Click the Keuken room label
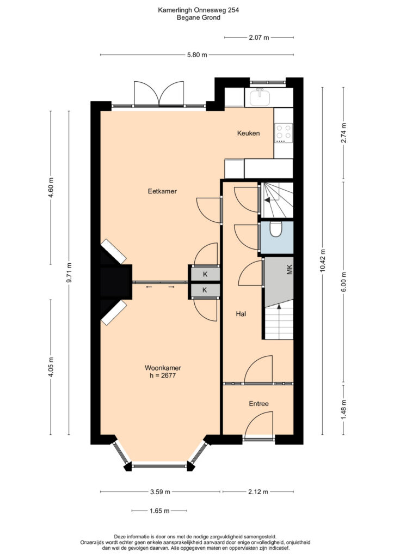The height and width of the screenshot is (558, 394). coord(248,133)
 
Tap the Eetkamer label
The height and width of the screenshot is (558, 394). coord(162,191)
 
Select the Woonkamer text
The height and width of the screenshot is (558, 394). coord(163,368)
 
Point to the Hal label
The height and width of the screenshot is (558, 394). coord(241,314)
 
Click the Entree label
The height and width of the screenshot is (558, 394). coord(258,404)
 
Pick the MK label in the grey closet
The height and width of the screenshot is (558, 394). coord(290,270)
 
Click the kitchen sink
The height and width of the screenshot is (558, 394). coord(260,97)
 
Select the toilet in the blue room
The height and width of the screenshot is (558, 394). coord(276,229)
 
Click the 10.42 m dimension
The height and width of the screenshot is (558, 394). coord(323,260)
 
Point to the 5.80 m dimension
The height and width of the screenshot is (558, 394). coord(197,55)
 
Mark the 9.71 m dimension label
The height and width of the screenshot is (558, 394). coord(69,272)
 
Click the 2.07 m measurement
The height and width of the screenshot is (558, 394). coord(259,38)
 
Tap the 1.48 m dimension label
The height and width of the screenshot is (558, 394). coord(343,410)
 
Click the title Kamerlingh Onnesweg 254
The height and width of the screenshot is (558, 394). coord(198,10)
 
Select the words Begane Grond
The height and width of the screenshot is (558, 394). coord(199,17)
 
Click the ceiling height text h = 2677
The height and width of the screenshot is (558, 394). coord(163,375)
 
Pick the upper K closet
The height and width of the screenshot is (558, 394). coord(205,274)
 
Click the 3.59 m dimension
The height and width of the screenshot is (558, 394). coord(160,492)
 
